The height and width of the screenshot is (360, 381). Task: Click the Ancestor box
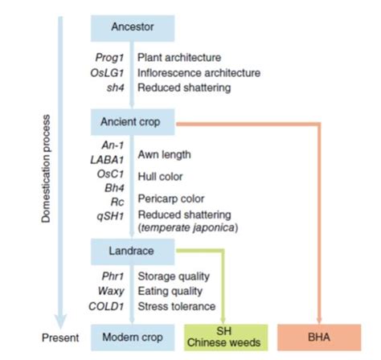[x=132, y=27]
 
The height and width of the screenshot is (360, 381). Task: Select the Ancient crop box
[x=132, y=122]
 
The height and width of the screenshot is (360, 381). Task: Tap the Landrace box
[x=132, y=251]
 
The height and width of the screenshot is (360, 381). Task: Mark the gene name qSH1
[x=117, y=215]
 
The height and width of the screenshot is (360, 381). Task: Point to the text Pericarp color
[x=170, y=198]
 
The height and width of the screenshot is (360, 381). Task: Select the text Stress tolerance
[x=176, y=306]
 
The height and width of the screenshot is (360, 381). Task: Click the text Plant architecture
[x=178, y=58]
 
